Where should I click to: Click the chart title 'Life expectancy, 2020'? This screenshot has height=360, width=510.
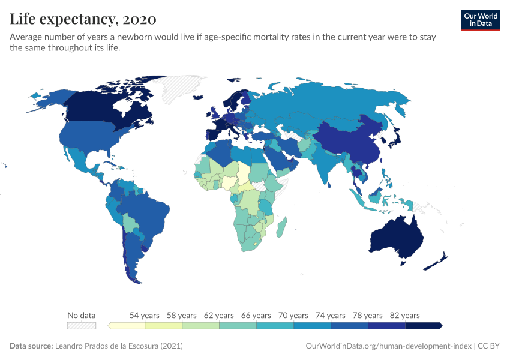tap(83, 19)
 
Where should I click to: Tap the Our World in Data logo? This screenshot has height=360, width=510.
tap(480, 19)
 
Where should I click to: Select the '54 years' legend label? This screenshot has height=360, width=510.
tap(145, 315)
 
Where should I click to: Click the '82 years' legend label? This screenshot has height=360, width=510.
tap(405, 315)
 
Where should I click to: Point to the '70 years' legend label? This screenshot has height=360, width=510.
tap(293, 315)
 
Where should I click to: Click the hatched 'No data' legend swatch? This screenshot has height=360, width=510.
tap(82, 326)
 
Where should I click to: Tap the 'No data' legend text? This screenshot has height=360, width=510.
tap(82, 315)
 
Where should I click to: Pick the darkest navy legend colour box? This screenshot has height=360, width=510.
tap(423, 326)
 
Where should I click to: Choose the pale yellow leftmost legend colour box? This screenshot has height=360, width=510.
tap(127, 326)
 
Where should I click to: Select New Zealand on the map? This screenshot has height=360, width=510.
tap(437, 262)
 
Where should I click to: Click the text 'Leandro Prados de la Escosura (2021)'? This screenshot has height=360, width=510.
tap(119, 346)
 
